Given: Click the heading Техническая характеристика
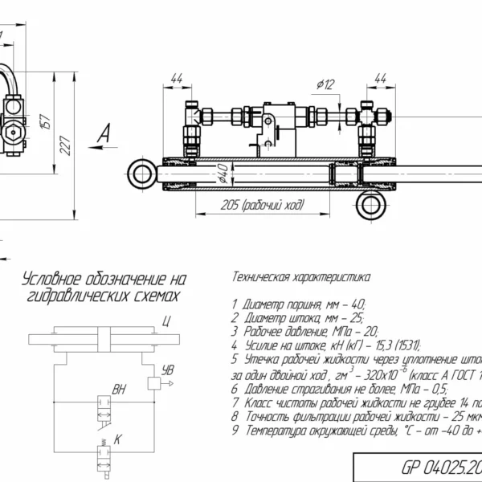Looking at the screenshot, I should [300, 278].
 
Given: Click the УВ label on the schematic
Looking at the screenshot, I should [167, 371].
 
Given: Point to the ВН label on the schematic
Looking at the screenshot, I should [120, 390].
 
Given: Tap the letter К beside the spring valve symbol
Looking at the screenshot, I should [118, 439].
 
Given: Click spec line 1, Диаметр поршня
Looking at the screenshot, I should [298, 304].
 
